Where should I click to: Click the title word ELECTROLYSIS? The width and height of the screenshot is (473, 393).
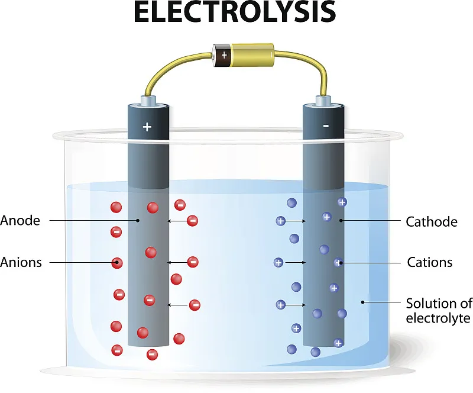(235, 11)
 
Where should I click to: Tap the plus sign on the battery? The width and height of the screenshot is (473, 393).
(224, 55)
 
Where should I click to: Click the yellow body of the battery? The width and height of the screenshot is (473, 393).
(252, 55)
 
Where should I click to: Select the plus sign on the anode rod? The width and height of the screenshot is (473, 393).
(147, 127)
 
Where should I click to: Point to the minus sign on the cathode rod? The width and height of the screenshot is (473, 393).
(326, 125)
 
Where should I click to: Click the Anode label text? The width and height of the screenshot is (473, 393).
(20, 221)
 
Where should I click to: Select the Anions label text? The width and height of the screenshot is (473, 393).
(21, 262)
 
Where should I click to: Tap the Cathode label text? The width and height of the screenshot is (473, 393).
(432, 222)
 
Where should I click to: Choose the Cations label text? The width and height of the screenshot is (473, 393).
(430, 262)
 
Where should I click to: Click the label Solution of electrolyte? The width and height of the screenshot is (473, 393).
(439, 311)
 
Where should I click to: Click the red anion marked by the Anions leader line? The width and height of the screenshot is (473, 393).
(117, 263)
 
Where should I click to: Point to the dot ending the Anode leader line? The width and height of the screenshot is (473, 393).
(138, 221)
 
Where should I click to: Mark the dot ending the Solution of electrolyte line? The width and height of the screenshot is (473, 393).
(362, 302)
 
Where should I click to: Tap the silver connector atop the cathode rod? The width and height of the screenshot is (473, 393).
(323, 101)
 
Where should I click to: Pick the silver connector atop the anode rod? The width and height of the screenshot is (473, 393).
(148, 101)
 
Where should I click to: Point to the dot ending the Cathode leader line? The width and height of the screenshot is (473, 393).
(341, 221)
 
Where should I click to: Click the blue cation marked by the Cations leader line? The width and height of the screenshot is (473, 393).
(339, 263)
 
